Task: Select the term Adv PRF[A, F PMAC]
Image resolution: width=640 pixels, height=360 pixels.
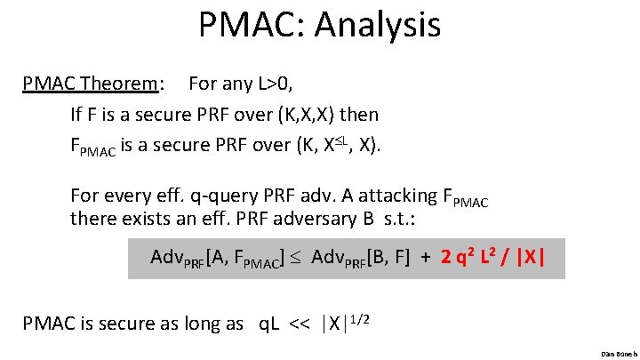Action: pos(218,259)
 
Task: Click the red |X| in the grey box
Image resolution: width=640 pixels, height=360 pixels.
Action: pos(532,258)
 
